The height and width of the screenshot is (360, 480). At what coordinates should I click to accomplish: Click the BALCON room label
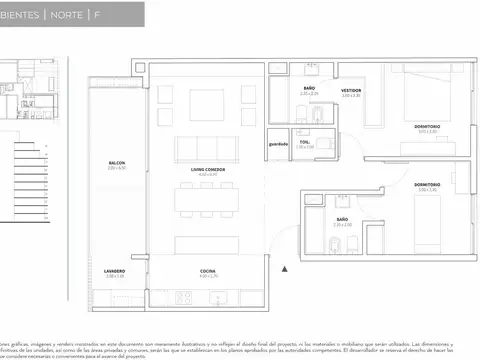click(x=117, y=164)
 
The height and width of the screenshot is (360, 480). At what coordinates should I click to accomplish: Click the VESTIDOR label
click(x=351, y=91)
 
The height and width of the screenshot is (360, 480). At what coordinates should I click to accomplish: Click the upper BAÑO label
click(x=311, y=91)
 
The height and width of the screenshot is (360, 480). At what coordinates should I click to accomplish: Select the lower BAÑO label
click(x=342, y=219)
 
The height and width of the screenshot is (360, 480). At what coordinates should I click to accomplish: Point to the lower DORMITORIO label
click(x=427, y=185)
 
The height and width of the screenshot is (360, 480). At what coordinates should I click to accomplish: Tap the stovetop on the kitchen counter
click(x=185, y=297)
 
